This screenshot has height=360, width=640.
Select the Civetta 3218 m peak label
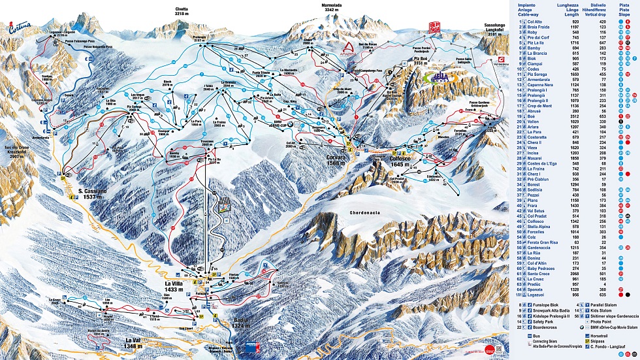coord(182,10)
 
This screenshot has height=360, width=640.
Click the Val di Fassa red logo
coord(428,27)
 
